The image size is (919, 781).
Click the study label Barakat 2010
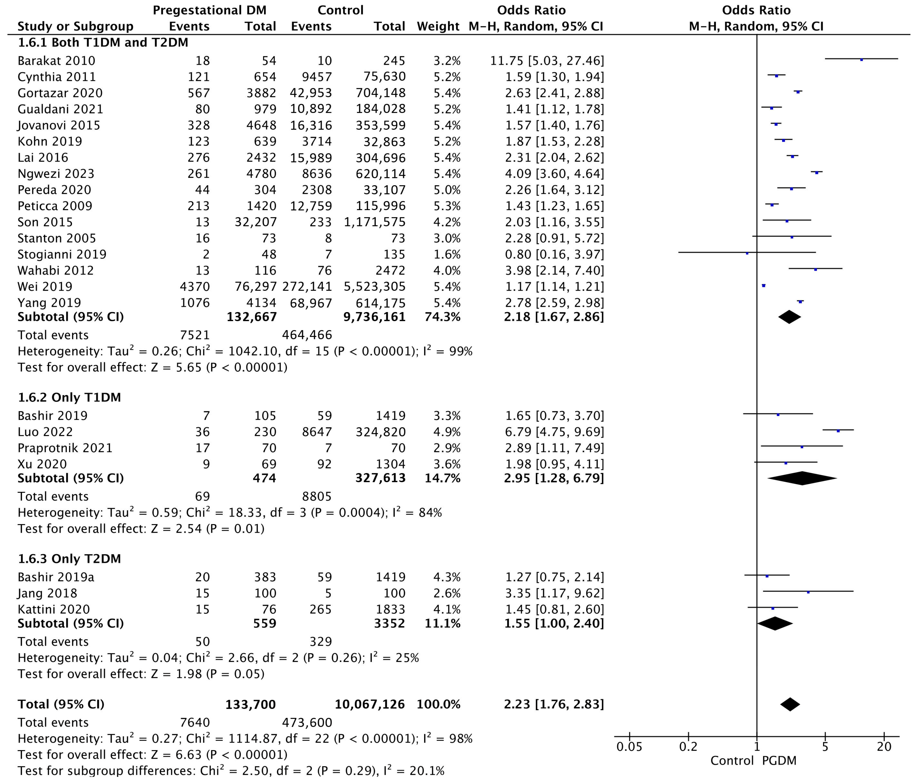56,61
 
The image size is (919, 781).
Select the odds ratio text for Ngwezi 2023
554,174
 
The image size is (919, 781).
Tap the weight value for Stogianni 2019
447,254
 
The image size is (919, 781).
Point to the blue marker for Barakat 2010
861,59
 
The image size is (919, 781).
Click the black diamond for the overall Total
790,704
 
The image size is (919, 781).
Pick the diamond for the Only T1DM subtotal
802,478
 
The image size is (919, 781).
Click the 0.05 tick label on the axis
629,747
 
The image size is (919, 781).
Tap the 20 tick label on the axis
884,747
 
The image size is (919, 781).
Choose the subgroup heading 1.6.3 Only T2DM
69,559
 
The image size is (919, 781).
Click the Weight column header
438,26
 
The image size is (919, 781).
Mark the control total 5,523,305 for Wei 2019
374,286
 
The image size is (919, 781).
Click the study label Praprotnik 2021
65,448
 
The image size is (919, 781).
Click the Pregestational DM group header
210,10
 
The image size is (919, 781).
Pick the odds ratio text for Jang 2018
554,593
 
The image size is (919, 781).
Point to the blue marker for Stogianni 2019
747,253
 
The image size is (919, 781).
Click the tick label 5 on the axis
825,747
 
